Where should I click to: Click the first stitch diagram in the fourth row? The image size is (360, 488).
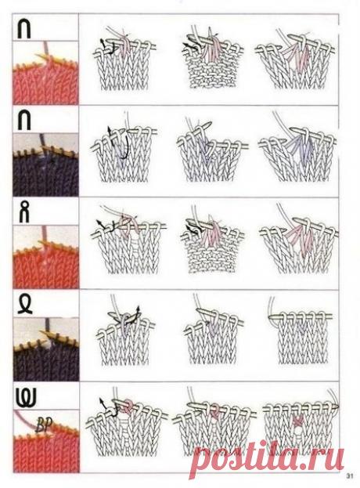[x=124, y=337]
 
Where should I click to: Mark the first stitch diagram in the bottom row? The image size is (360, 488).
[x=124, y=431]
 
